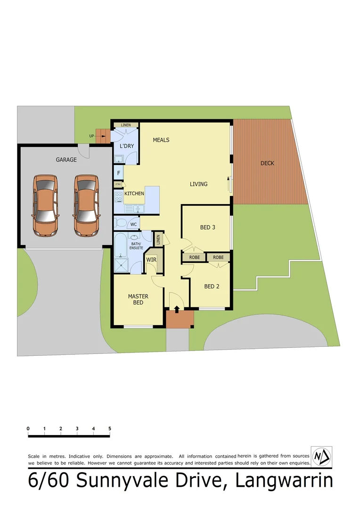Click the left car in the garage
pos(45,205)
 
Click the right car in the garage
pos(86,205)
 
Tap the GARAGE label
pos(66,160)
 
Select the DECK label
pos(267,164)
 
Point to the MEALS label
pos(161,140)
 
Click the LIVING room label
pos(198,184)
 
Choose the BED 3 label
pos(207,227)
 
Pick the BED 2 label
pos(212,286)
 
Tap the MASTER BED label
pos(138,299)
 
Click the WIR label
pos(151,260)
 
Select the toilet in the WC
pos(121,223)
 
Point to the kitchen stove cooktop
pos(118,197)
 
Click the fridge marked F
pos(119,173)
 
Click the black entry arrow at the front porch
pos(177,309)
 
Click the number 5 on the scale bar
pos(110,428)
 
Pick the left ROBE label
pos(194,257)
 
